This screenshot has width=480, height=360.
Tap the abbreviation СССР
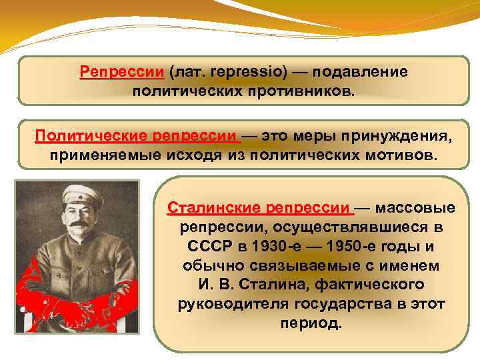(209, 246)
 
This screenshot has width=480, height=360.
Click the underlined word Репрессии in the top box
(121, 71)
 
